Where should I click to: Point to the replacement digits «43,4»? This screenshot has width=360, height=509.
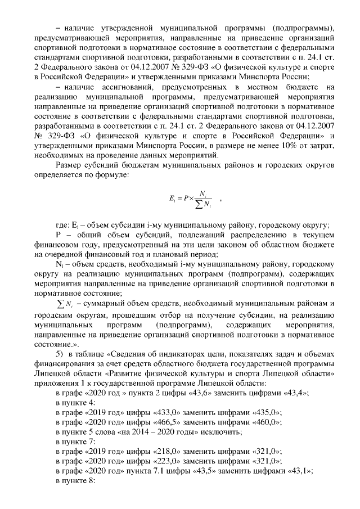click(294, 394)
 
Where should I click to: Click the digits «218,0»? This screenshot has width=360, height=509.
click(166, 451)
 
